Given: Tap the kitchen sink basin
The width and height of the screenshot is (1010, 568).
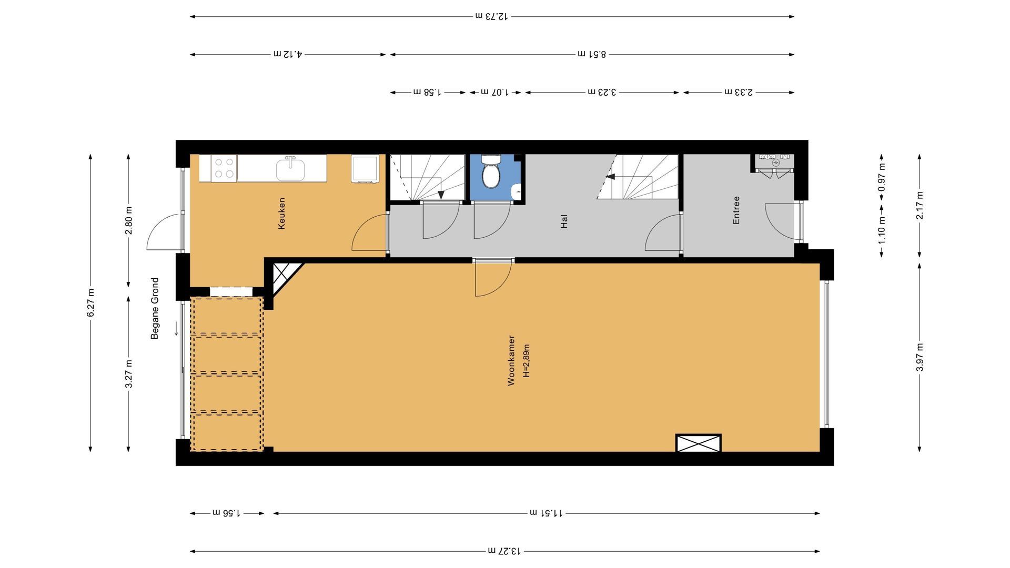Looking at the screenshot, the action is click(x=290, y=170).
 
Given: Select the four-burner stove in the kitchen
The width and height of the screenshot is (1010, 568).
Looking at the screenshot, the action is click(x=224, y=168).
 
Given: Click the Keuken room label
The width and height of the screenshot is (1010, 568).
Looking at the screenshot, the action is click(x=282, y=214).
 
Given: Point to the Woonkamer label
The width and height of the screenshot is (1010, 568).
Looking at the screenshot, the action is click(x=511, y=361).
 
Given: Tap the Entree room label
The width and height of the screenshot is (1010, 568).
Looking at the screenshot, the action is click(x=736, y=210).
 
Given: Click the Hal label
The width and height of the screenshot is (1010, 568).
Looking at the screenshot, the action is click(x=564, y=221).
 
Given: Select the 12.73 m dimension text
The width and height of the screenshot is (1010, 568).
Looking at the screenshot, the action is click(x=492, y=16).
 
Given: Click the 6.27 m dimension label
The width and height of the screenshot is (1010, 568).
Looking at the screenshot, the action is click(x=91, y=303).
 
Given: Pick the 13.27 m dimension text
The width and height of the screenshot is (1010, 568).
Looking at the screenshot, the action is click(x=504, y=551).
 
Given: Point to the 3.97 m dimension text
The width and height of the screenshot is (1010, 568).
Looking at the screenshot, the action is click(x=920, y=357).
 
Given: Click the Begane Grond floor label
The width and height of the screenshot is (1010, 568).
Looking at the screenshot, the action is click(x=155, y=308).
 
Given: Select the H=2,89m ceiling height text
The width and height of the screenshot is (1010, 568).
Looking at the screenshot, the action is click(x=526, y=361).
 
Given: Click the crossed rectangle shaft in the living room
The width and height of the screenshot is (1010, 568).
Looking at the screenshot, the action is click(x=699, y=443).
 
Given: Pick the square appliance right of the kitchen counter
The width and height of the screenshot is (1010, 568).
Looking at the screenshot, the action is click(x=365, y=168).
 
